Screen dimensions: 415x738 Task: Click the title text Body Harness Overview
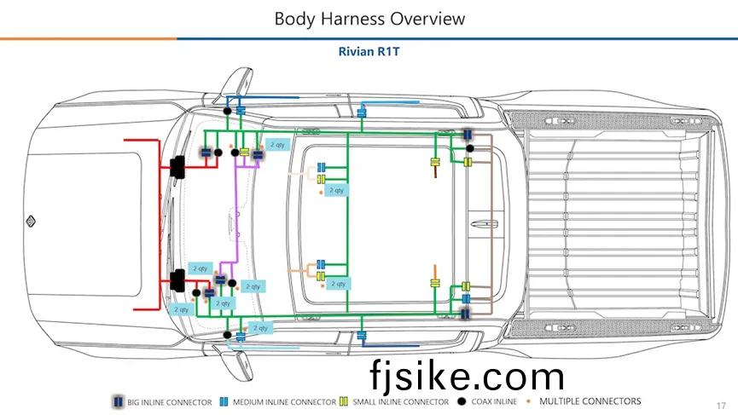(370, 18)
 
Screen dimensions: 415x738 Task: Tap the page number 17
(720, 404)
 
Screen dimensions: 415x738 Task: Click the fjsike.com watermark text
(467, 376)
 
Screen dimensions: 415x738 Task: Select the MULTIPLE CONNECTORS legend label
(590, 401)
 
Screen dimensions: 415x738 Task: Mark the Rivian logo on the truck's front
(29, 221)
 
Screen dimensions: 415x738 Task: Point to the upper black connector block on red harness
(178, 166)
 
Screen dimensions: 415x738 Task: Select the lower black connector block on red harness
(178, 279)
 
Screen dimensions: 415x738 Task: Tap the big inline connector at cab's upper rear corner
(468, 135)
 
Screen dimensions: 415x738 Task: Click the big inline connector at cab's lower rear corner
(466, 314)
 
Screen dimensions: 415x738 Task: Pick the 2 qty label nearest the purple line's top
(277, 145)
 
